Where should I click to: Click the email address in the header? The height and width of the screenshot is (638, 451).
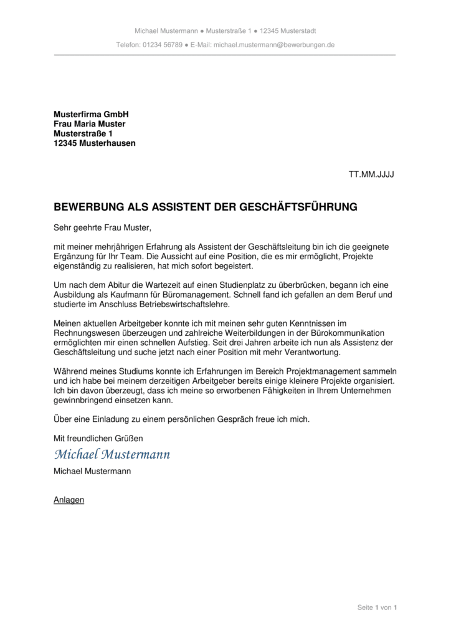coord(274,45)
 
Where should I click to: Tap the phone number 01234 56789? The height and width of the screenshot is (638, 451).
coord(163,45)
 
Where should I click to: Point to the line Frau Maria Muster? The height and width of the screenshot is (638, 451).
coord(90,124)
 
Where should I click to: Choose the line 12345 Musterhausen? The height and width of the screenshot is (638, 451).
coord(95,143)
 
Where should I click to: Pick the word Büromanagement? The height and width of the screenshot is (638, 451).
coord(197,295)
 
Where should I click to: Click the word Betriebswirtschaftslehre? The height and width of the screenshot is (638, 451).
coord(176,305)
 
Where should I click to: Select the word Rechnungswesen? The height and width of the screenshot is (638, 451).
coord(83,333)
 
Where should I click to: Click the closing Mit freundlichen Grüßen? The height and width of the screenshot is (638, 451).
coord(98,439)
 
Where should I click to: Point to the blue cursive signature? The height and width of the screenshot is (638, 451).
coord(112,455)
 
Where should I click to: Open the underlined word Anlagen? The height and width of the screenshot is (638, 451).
coord(69,500)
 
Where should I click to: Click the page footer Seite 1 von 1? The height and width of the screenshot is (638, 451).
coord(377,607)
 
